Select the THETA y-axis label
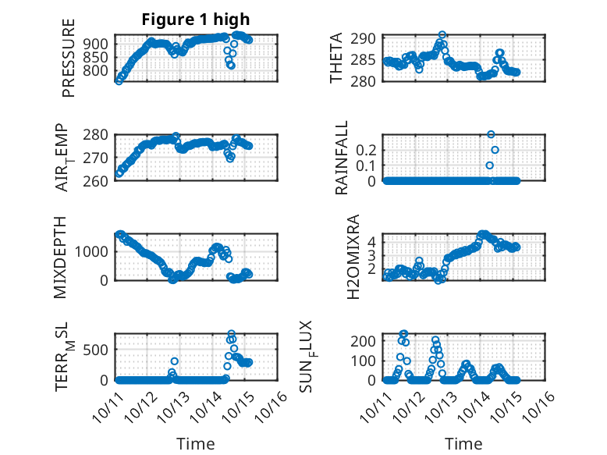pyautogui.click(x=336, y=59)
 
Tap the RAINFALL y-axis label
pyautogui.click(x=342, y=158)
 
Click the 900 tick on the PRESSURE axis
pyautogui.click(x=99, y=44)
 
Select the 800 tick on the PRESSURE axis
pyautogui.click(x=99, y=71)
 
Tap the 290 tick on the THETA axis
pyautogui.click(x=367, y=38)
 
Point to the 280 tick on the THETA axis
pyautogui.click(x=367, y=80)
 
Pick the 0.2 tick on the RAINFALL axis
pyautogui.click(x=367, y=149)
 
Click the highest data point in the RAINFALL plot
pyautogui.click(x=491, y=134)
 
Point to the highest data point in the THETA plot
pyautogui.click(x=442, y=34)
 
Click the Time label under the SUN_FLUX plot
pyautogui.click(x=463, y=443)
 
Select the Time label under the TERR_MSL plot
pyautogui.click(x=196, y=443)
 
